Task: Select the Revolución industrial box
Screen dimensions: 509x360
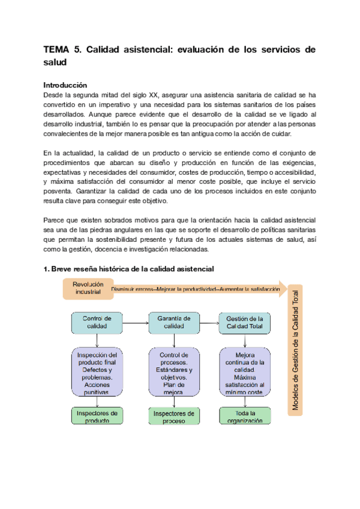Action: click(x=88, y=288)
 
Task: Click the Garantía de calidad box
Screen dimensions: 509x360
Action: click(x=173, y=322)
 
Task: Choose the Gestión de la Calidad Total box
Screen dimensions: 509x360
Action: click(x=245, y=322)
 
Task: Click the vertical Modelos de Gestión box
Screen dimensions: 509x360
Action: click(x=295, y=348)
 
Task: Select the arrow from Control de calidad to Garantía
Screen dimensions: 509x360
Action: click(x=135, y=322)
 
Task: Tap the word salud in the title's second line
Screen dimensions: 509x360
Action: click(x=56, y=62)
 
